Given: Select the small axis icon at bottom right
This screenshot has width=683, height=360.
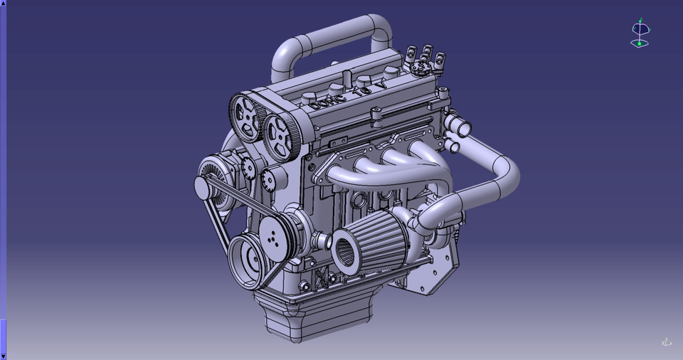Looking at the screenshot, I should click(x=667, y=342).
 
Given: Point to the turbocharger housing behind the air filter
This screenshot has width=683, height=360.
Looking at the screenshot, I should click(x=420, y=217).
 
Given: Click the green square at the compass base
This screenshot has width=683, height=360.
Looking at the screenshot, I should click(x=639, y=44).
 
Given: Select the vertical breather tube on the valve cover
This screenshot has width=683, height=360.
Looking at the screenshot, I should click(x=346, y=76).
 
